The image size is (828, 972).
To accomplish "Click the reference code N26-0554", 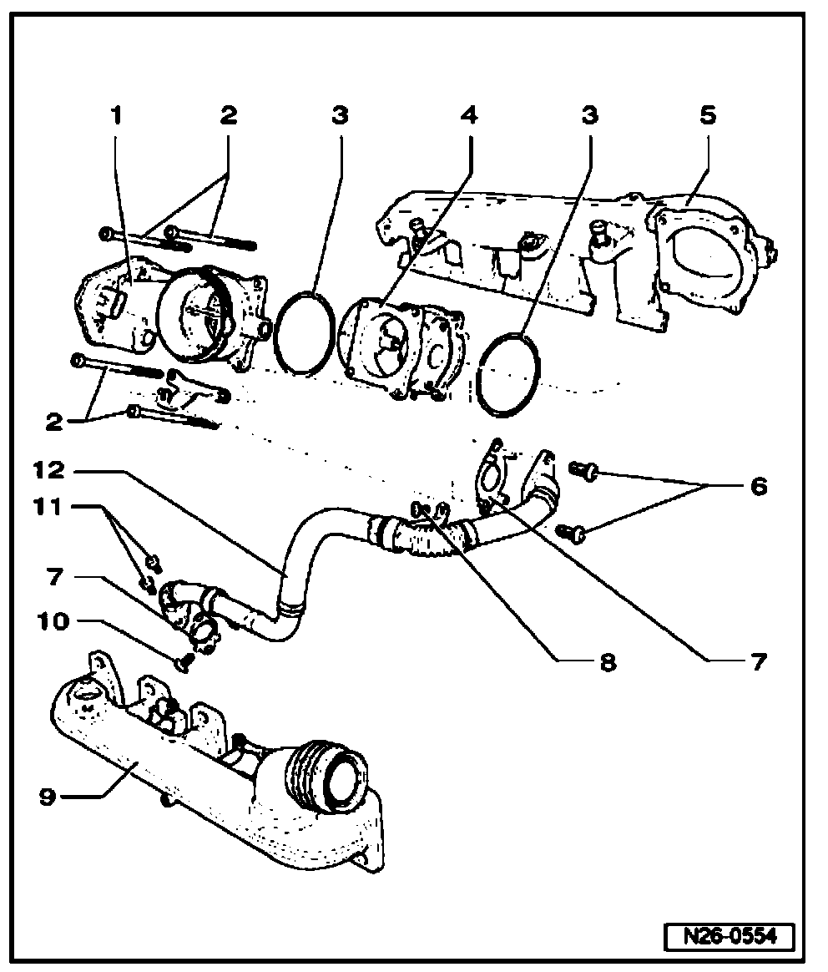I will click(730, 936).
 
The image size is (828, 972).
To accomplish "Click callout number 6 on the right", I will click(757, 486).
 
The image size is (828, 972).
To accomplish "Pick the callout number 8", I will click(607, 662).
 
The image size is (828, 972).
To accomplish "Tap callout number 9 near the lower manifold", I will click(48, 797).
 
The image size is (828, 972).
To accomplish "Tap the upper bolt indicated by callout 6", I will click(584, 473).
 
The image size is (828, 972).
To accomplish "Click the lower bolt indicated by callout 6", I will click(571, 530).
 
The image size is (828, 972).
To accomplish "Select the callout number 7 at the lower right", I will click(757, 662).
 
